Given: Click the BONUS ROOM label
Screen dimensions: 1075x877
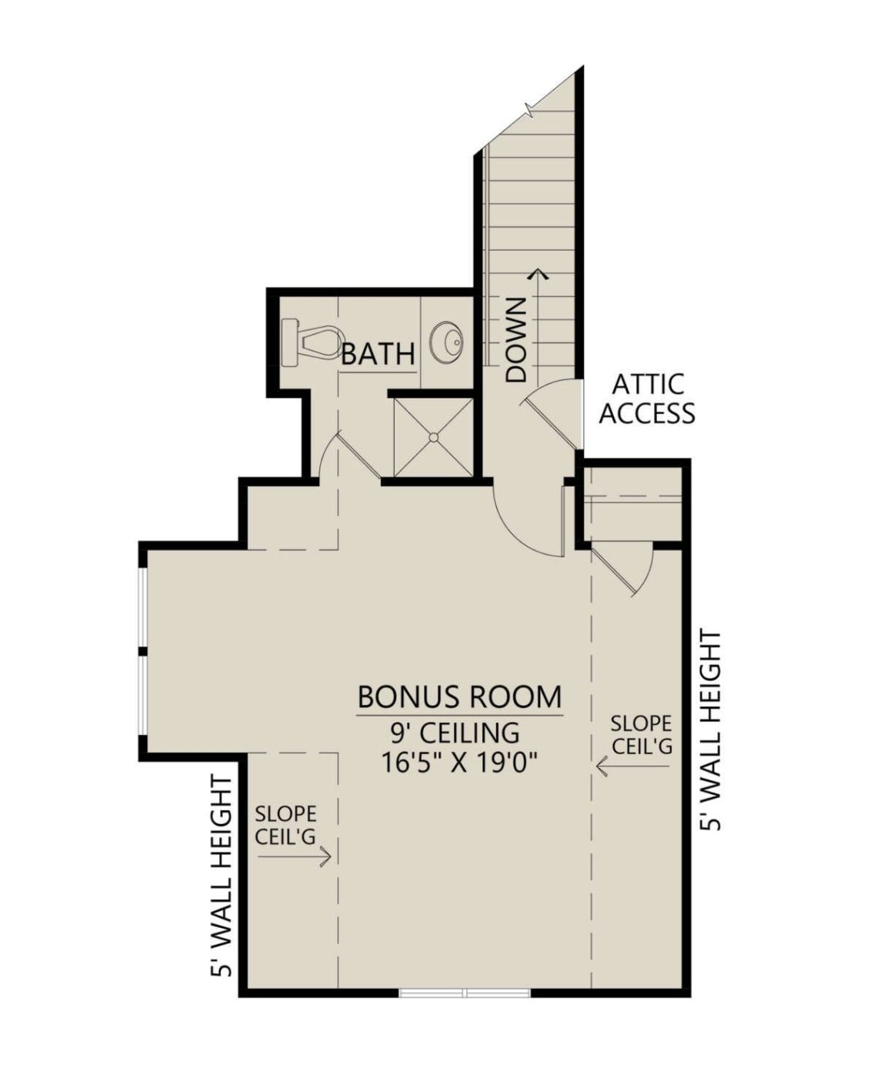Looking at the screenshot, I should click(459, 697).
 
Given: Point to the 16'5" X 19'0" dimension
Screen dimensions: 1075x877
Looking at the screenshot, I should click(459, 763).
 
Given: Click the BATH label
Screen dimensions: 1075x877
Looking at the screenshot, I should click(378, 355).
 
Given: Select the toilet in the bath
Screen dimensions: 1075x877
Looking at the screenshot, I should click(312, 341).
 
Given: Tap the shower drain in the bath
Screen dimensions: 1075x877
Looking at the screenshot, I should click(433, 437).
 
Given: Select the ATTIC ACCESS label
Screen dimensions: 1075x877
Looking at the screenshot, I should click(646, 399).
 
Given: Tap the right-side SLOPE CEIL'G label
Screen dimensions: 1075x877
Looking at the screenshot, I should click(641, 735).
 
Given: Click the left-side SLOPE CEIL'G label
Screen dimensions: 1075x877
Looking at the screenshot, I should click(285, 826).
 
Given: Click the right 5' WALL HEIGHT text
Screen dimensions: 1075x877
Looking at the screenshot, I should click(712, 730).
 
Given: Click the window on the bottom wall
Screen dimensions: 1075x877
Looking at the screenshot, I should click(465, 993).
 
